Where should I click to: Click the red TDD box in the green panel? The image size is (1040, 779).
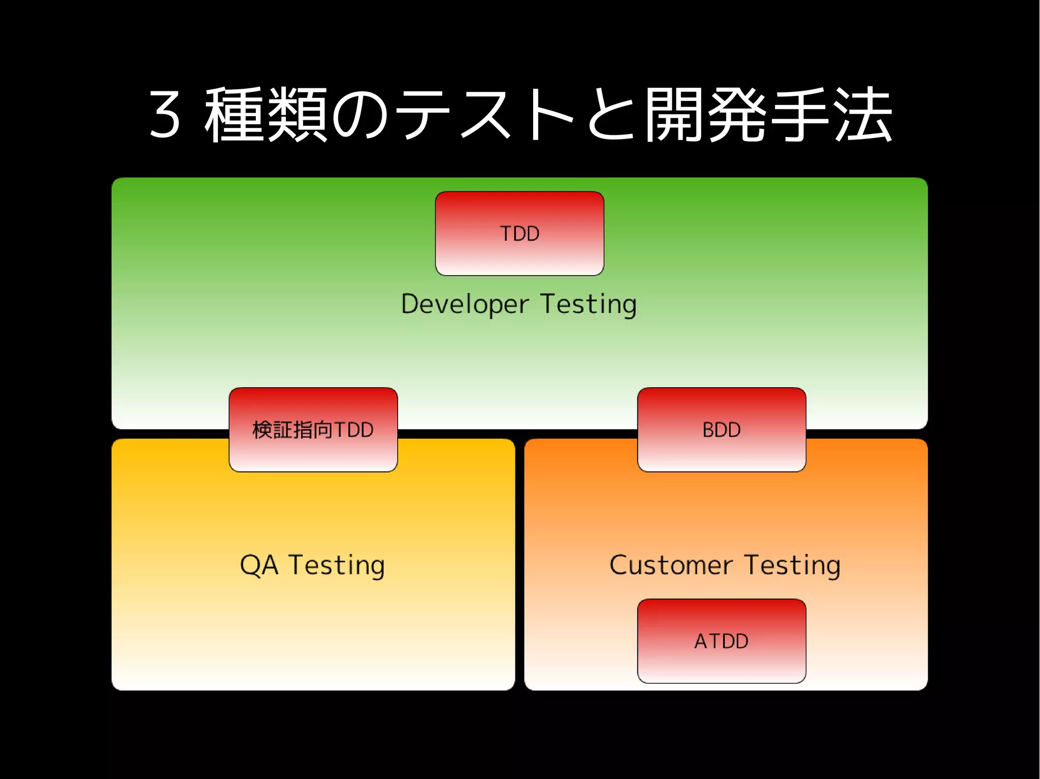[x=519, y=233]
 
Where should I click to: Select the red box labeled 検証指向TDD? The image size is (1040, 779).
[x=313, y=429]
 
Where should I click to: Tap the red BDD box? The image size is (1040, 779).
[x=721, y=429]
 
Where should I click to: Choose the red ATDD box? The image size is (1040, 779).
[x=721, y=641]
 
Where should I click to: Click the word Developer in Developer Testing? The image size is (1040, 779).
[x=465, y=304]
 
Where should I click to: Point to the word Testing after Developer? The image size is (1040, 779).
[x=588, y=304]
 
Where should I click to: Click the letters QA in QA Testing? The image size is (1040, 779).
[x=259, y=565]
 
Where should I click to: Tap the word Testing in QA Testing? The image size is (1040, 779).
[x=337, y=565]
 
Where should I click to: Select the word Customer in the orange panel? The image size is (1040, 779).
[x=670, y=565]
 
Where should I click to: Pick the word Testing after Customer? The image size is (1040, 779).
[x=792, y=565]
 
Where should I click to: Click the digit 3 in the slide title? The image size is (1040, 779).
[x=165, y=115]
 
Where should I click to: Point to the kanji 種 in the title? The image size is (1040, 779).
[x=235, y=115]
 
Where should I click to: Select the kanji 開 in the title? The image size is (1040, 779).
[x=674, y=115]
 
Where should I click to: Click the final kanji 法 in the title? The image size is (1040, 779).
[x=863, y=115]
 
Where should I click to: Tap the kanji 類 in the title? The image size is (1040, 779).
[x=297, y=115]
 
